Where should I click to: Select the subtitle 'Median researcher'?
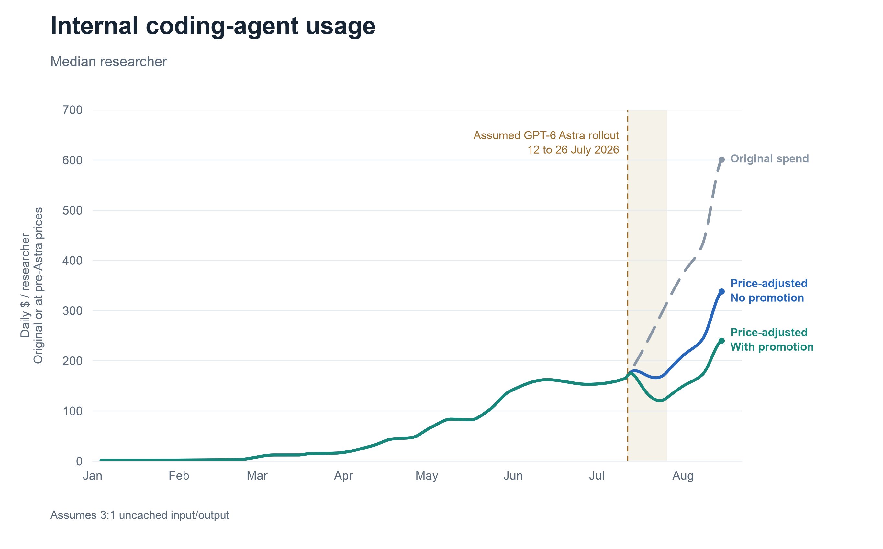click(108, 62)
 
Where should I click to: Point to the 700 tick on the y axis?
click(73, 110)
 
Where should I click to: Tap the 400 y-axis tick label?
click(73, 260)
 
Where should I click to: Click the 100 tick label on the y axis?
click(73, 411)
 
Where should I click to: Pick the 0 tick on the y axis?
click(79, 461)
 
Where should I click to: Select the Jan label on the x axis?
click(93, 476)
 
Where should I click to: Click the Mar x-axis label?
click(257, 476)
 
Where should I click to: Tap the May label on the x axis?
click(427, 476)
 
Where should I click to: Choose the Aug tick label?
click(683, 476)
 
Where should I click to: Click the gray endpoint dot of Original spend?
click(721, 160)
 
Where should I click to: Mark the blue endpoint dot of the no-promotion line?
click(721, 292)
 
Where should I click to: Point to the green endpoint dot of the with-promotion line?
click(721, 341)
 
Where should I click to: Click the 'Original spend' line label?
click(769, 159)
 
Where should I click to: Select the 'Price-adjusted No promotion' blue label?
click(769, 290)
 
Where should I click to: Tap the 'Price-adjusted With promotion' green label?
click(772, 340)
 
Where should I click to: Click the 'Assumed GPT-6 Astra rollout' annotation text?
click(546, 135)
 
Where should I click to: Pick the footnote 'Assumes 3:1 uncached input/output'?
click(140, 515)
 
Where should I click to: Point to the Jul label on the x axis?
click(597, 476)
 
